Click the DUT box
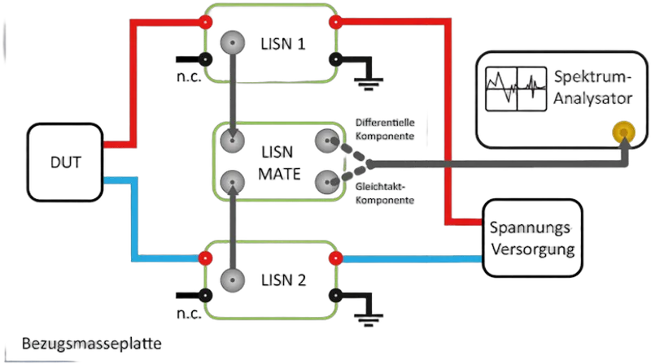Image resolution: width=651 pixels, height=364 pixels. [x=65, y=162]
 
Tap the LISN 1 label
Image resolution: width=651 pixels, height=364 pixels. [x=282, y=44]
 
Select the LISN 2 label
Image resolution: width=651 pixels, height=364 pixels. [x=283, y=280]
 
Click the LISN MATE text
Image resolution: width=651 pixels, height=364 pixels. [x=279, y=163]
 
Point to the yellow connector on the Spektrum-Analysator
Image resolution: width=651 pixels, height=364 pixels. [x=623, y=132]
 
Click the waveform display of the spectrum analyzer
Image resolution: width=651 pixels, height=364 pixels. [x=516, y=89]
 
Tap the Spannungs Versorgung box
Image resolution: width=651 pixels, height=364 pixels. [x=533, y=238]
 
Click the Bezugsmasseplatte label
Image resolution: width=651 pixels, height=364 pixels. [x=92, y=344]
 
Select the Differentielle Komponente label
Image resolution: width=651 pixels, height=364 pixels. [x=385, y=129]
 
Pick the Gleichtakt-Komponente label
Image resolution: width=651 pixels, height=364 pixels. [x=385, y=193]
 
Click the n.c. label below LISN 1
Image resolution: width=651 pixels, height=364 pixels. [x=189, y=77]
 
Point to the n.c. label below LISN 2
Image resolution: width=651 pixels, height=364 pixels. [x=189, y=314]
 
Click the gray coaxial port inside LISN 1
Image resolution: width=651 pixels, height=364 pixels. [x=233, y=43]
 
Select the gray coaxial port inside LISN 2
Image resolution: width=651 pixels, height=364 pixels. [x=233, y=280]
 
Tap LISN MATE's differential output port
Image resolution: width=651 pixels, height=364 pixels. [x=327, y=141]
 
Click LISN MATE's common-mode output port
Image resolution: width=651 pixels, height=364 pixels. [x=327, y=182]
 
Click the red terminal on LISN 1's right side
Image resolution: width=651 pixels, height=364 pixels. [x=335, y=22]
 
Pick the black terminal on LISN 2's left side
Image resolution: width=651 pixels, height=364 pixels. [x=205, y=296]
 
